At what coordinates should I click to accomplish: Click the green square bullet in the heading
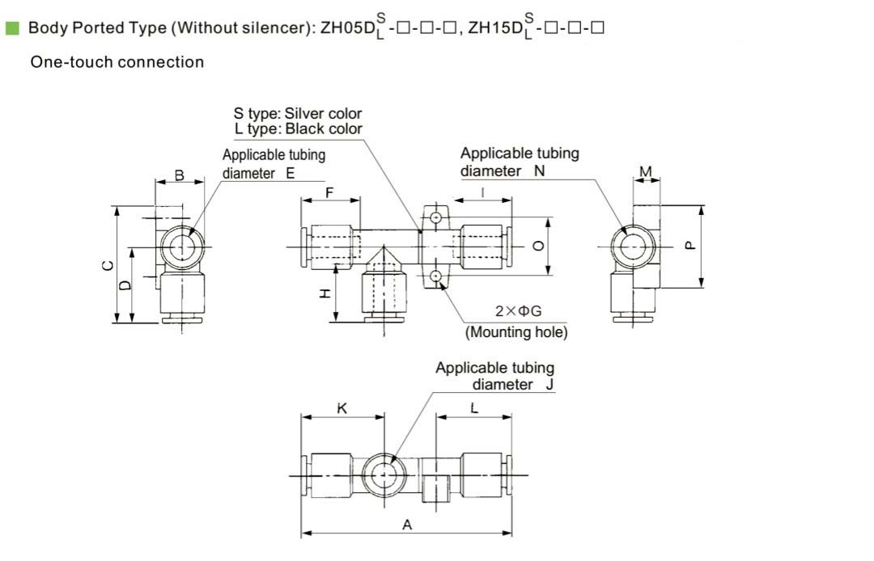(12, 27)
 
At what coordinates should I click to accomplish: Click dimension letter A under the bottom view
(407, 525)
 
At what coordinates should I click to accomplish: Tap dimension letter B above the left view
(180, 175)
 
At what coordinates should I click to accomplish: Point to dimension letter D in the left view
(125, 285)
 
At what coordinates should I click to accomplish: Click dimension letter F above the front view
(330, 193)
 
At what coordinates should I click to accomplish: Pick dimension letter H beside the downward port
(325, 294)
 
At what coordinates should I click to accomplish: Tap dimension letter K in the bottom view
(342, 408)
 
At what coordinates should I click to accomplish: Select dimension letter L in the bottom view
(474, 408)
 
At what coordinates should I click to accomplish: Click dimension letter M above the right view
(646, 171)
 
